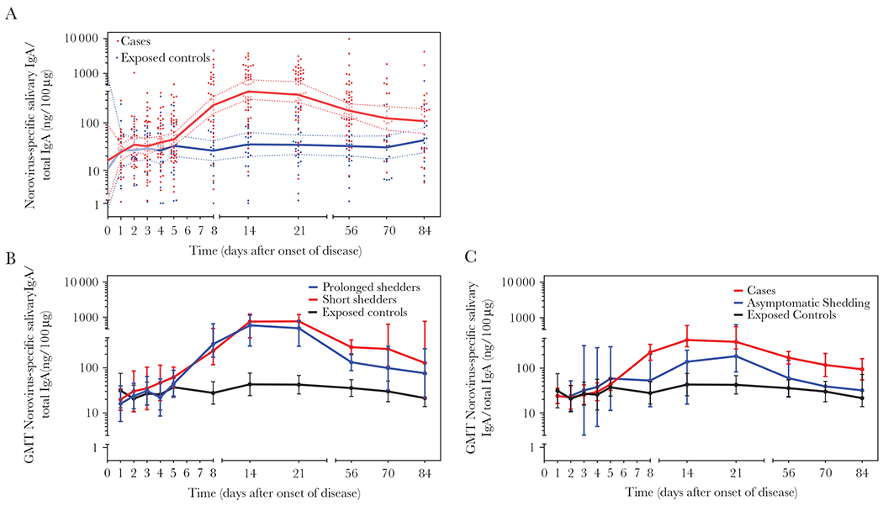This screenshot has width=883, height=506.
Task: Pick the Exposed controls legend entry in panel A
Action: click(x=162, y=58)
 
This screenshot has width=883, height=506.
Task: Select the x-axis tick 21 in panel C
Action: click(x=736, y=473)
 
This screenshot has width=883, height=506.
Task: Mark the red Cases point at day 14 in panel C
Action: click(x=687, y=340)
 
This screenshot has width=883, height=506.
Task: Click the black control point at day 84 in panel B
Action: click(x=426, y=398)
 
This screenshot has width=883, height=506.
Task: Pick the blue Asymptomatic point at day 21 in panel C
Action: click(x=737, y=356)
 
